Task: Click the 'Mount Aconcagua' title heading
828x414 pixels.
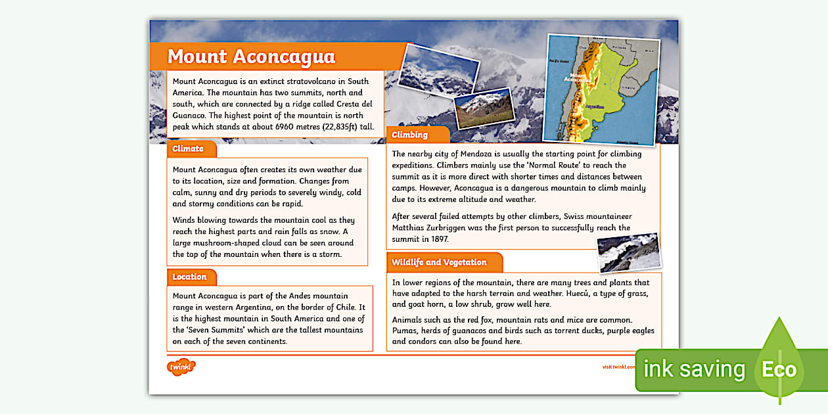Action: pos(251,57)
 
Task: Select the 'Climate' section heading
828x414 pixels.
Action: pos(188,149)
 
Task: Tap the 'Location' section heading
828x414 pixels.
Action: pos(189,277)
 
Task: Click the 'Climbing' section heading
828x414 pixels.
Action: pos(409,135)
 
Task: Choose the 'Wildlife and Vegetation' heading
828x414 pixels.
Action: pos(439,262)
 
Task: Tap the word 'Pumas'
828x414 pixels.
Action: pos(405,331)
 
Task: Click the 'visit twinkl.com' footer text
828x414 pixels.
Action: pos(618,367)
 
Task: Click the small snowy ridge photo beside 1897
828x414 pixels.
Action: pos(629,252)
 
